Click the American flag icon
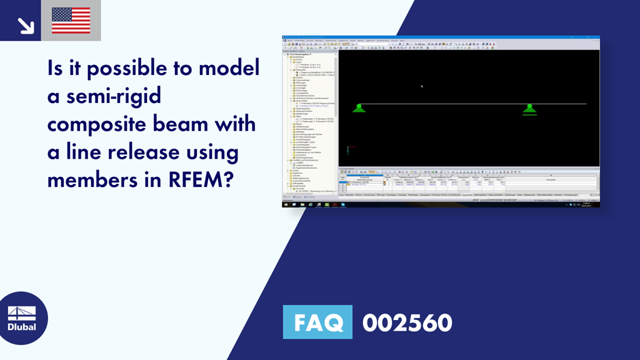(x=71, y=21)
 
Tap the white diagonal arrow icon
(x=26, y=24)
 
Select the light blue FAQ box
(x=317, y=322)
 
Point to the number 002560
(x=407, y=323)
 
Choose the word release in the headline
(x=129, y=152)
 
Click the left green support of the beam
(x=359, y=108)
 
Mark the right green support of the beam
(x=529, y=109)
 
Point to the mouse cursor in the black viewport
(x=422, y=87)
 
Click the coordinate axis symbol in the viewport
(x=348, y=150)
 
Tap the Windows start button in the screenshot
(x=286, y=204)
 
